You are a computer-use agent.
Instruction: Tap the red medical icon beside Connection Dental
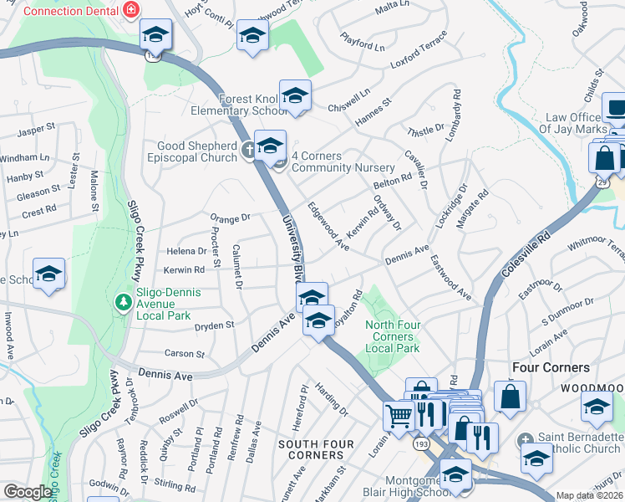point(130,11)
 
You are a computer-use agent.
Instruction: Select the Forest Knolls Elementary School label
point(253,105)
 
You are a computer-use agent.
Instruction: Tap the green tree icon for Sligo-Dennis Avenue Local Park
point(124,300)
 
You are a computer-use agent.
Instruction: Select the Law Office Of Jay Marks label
point(576,123)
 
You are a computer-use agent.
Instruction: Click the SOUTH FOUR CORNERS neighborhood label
point(311,449)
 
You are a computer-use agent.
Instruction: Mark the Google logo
point(28,492)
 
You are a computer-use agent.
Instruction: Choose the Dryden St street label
point(216,324)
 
